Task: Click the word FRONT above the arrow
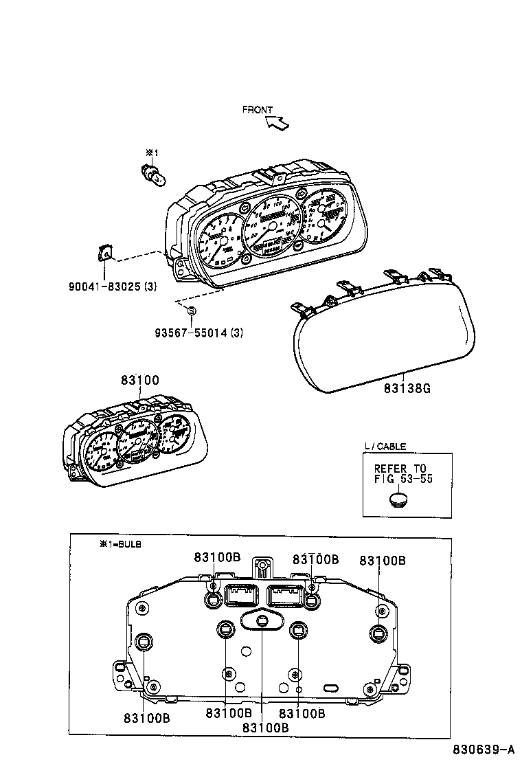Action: [258, 110]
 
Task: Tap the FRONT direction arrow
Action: [278, 123]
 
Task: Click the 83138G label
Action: [407, 388]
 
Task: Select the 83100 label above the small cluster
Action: [140, 380]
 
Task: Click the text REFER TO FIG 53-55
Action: [403, 474]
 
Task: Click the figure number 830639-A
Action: [482, 750]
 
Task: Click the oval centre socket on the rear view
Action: [262, 620]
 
